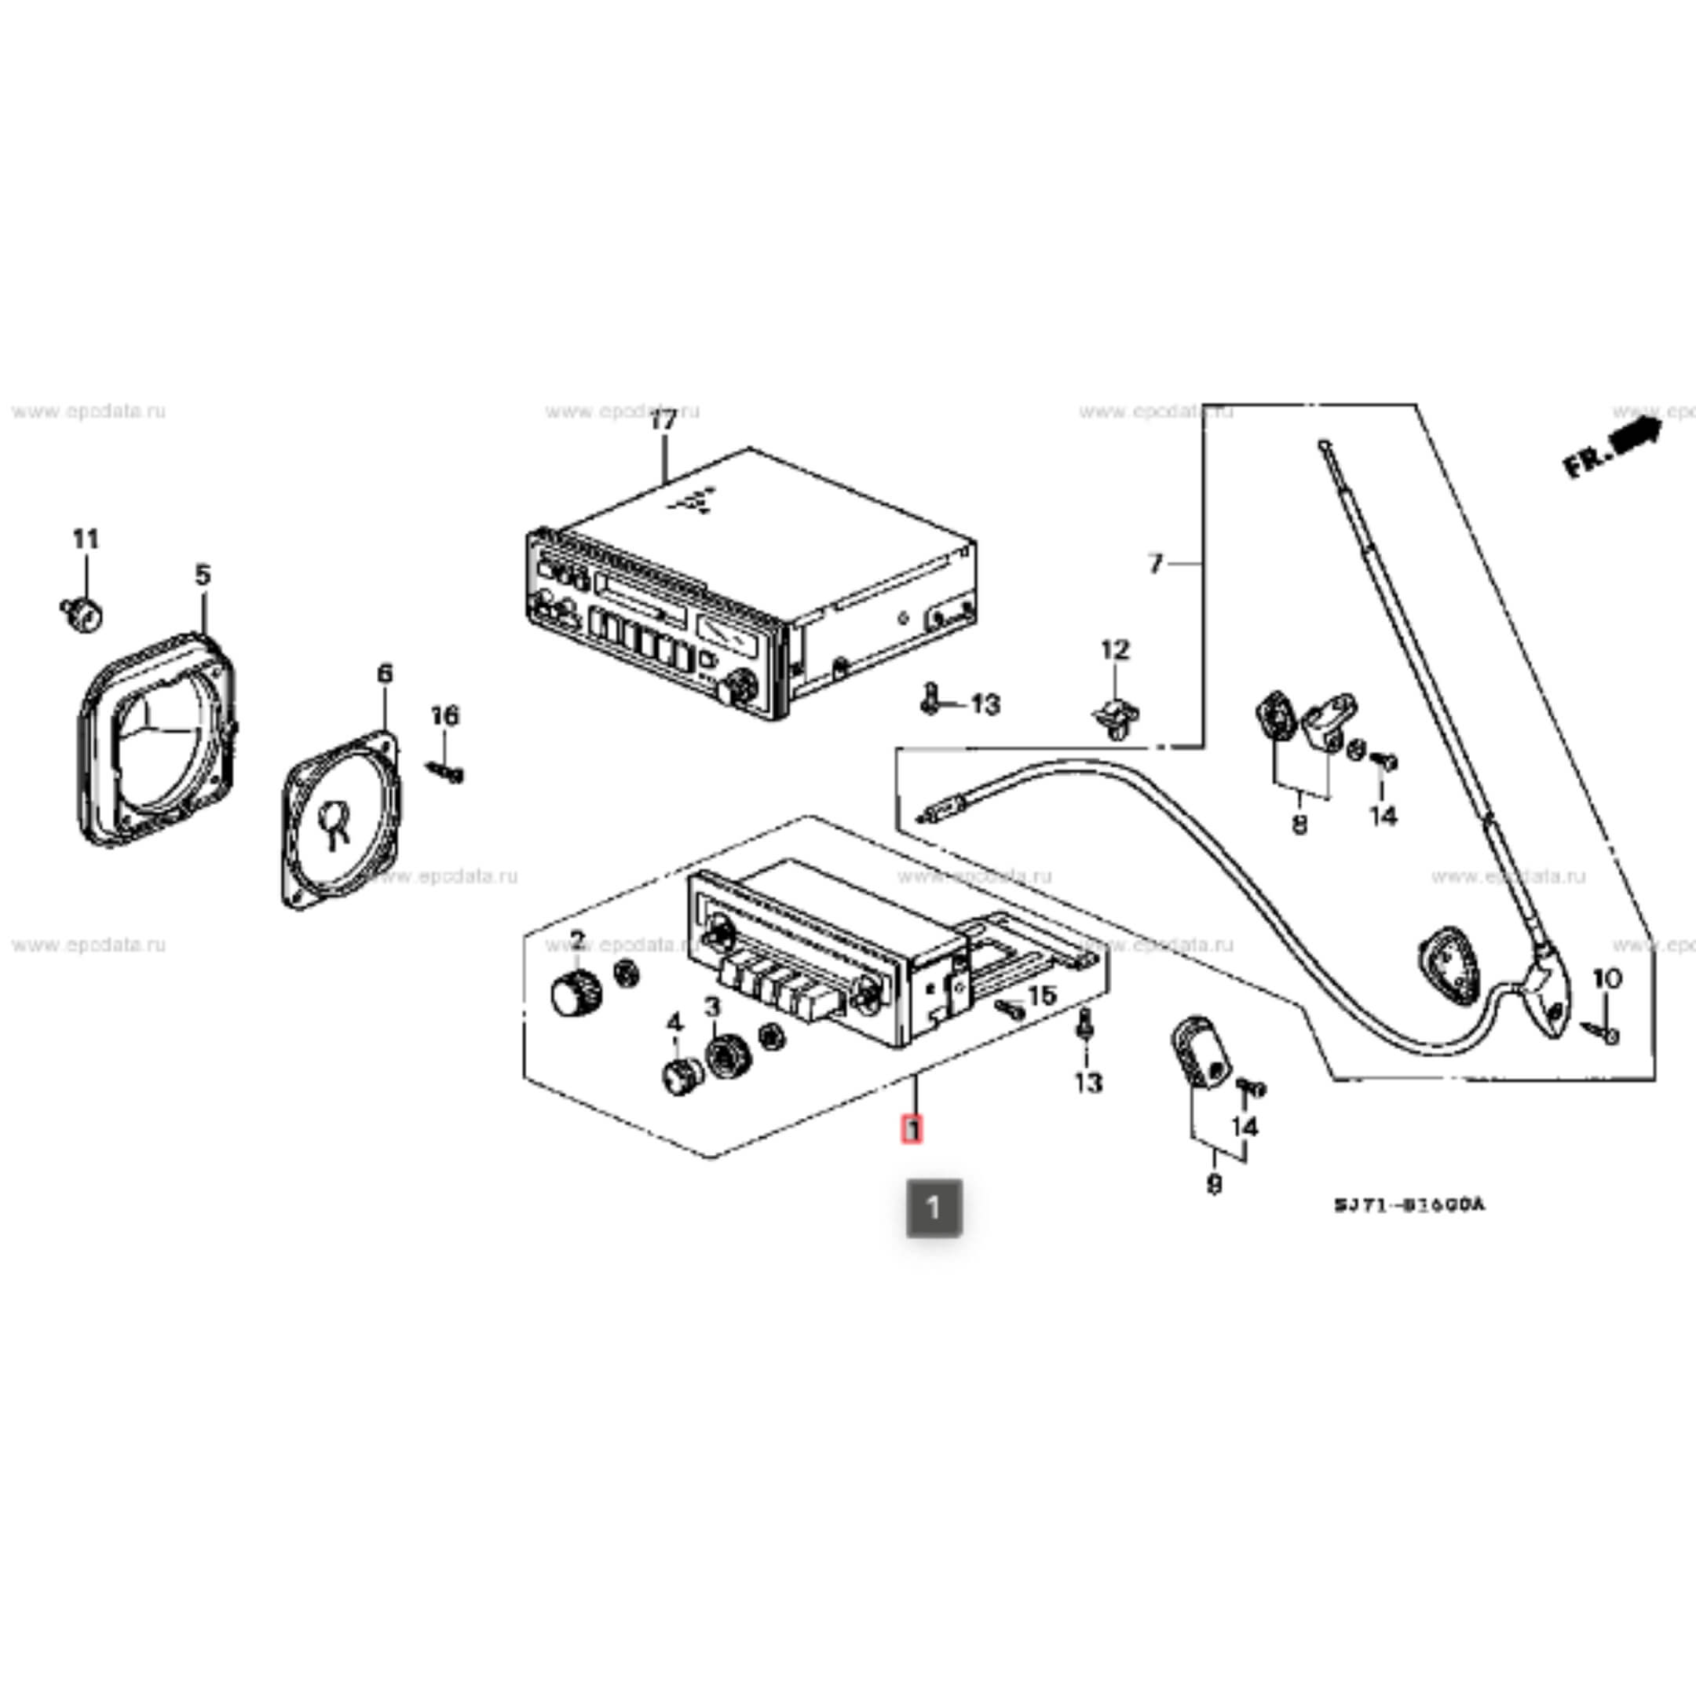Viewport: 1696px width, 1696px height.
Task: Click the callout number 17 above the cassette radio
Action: (663, 422)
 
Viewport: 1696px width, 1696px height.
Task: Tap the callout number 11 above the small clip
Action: (85, 539)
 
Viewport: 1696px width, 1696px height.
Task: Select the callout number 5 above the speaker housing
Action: (203, 576)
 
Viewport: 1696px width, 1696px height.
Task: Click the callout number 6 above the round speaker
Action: (385, 674)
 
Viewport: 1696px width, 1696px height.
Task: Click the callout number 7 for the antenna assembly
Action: (1155, 564)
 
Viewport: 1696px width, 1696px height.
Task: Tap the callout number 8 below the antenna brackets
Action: (1299, 824)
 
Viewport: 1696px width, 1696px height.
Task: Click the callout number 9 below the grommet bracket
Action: (1214, 1185)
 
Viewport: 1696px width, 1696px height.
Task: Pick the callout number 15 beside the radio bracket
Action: (1041, 996)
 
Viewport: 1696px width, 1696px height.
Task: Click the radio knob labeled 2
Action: (575, 994)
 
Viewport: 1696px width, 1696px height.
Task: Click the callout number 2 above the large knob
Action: (577, 940)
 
